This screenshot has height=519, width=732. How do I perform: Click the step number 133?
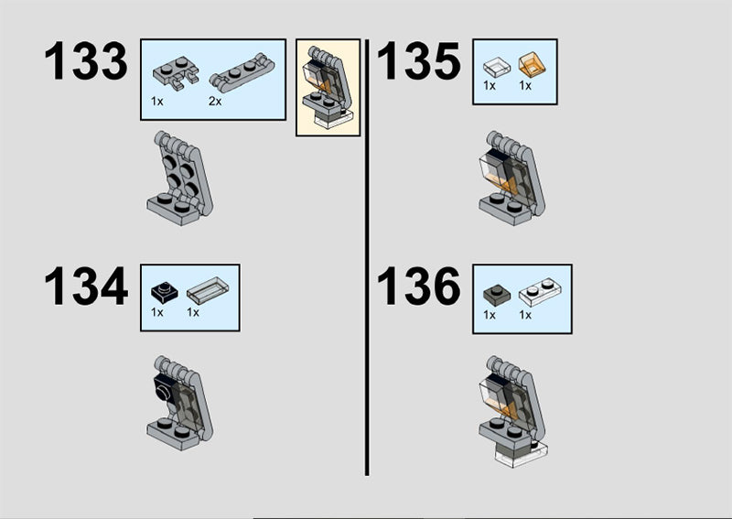(85, 60)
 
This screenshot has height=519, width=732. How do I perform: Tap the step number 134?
(86, 286)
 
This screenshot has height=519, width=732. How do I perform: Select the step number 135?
(418, 60)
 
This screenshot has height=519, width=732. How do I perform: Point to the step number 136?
(418, 286)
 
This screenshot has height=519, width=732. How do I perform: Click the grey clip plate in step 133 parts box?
(176, 73)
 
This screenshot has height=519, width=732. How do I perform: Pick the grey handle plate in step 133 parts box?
(242, 72)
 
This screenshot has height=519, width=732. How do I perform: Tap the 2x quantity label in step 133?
(215, 101)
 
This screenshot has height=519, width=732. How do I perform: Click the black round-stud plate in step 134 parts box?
(165, 292)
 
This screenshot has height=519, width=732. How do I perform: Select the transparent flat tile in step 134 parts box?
(208, 290)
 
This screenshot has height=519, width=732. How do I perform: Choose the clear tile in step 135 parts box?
(497, 67)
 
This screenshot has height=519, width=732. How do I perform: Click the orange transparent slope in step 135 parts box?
(533, 64)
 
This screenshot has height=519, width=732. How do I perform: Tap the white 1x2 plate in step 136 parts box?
(540, 292)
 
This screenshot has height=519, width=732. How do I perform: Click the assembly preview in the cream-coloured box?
(327, 87)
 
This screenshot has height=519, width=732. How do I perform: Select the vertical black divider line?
(367, 257)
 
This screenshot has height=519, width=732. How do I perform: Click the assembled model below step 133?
(179, 178)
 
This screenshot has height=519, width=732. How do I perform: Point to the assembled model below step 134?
(179, 403)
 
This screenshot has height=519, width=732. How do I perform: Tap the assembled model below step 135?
(511, 178)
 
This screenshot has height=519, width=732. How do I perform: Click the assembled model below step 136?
(512, 411)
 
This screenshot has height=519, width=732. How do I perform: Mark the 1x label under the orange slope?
(525, 85)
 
